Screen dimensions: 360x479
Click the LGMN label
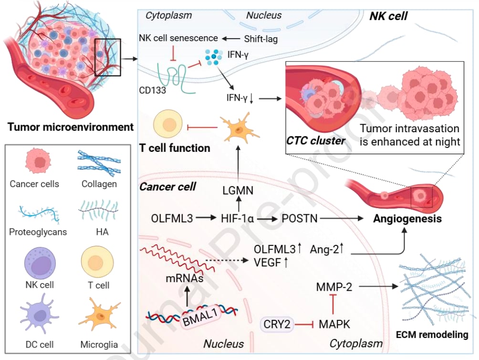(237, 191)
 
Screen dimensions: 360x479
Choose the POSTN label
(300, 219)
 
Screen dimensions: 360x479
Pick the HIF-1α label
(237, 219)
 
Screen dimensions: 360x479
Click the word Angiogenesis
(407, 219)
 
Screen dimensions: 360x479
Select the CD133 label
(153, 89)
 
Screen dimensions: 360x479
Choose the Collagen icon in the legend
(99, 163)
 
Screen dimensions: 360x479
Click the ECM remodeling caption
(432, 335)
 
